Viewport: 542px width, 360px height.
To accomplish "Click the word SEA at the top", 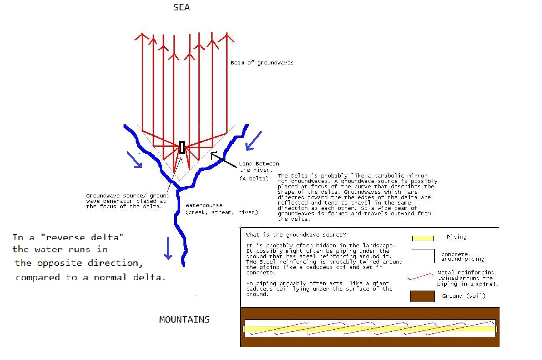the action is click(x=182, y=7).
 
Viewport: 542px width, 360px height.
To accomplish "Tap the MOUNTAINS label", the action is click(x=184, y=320).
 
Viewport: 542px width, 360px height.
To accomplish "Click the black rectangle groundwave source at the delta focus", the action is click(x=182, y=148).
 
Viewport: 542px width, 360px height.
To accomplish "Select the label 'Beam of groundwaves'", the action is click(x=262, y=63).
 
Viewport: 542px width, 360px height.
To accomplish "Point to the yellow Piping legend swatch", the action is click(x=423, y=238).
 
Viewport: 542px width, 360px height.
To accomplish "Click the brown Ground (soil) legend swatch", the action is click(x=422, y=296).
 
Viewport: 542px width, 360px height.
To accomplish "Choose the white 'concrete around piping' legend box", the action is click(x=423, y=256).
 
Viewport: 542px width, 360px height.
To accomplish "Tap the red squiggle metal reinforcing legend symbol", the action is click(x=420, y=276).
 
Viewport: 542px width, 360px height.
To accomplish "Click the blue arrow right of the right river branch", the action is click(x=253, y=141).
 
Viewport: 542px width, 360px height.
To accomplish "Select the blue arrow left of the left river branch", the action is click(x=135, y=160).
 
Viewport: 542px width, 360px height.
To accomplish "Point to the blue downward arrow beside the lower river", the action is click(x=168, y=248).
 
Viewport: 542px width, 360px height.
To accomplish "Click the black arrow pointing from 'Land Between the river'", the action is click(x=223, y=160).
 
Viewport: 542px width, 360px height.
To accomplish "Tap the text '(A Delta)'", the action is click(x=254, y=179).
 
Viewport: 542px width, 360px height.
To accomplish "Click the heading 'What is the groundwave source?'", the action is click(x=296, y=235).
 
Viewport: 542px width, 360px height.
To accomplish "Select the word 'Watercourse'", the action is click(x=204, y=205).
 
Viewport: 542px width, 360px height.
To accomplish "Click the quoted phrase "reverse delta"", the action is click(x=82, y=237).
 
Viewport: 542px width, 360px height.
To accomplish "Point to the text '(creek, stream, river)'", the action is click(x=222, y=212).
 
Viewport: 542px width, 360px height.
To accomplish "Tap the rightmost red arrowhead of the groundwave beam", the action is click(x=227, y=38).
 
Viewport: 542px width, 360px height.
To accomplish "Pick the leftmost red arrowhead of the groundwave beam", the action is click(x=142, y=37).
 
